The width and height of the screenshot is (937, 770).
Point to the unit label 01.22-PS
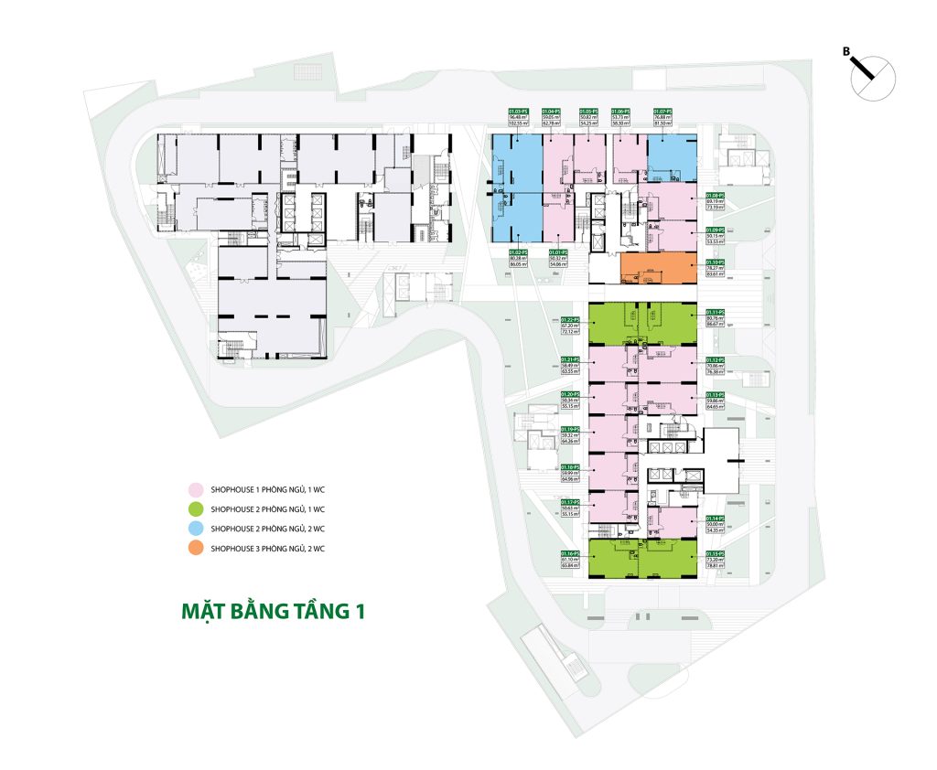pyautogui.click(x=572, y=319)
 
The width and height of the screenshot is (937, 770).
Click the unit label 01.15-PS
pyautogui.click(x=715, y=554)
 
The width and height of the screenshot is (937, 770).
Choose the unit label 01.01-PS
pyautogui.click(x=560, y=251)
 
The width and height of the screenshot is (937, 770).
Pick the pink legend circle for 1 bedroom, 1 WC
pyautogui.click(x=195, y=488)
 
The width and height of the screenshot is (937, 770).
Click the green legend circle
pyautogui.click(x=195, y=508)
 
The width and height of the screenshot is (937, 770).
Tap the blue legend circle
pyautogui.click(x=195, y=529)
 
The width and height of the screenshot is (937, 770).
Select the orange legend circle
pyautogui.click(x=195, y=549)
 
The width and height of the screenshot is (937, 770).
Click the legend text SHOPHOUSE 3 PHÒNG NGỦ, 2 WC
pyautogui.click(x=267, y=549)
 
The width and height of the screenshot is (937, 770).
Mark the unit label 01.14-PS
pyautogui.click(x=715, y=518)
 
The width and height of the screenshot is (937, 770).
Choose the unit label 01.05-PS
pyautogui.click(x=587, y=110)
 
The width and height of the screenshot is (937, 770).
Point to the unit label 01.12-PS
pyautogui.click(x=715, y=360)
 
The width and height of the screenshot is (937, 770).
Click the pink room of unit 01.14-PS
pyautogui.click(x=675, y=522)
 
